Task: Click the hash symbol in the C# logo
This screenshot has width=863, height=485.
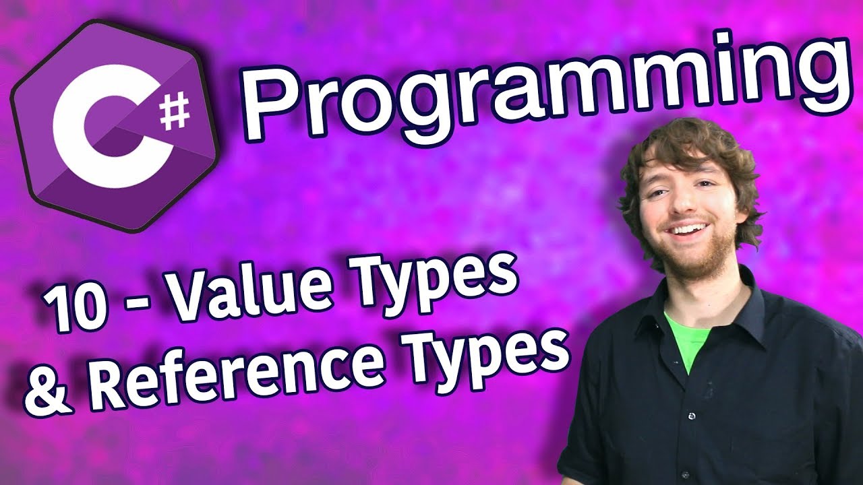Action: pos(175,112)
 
